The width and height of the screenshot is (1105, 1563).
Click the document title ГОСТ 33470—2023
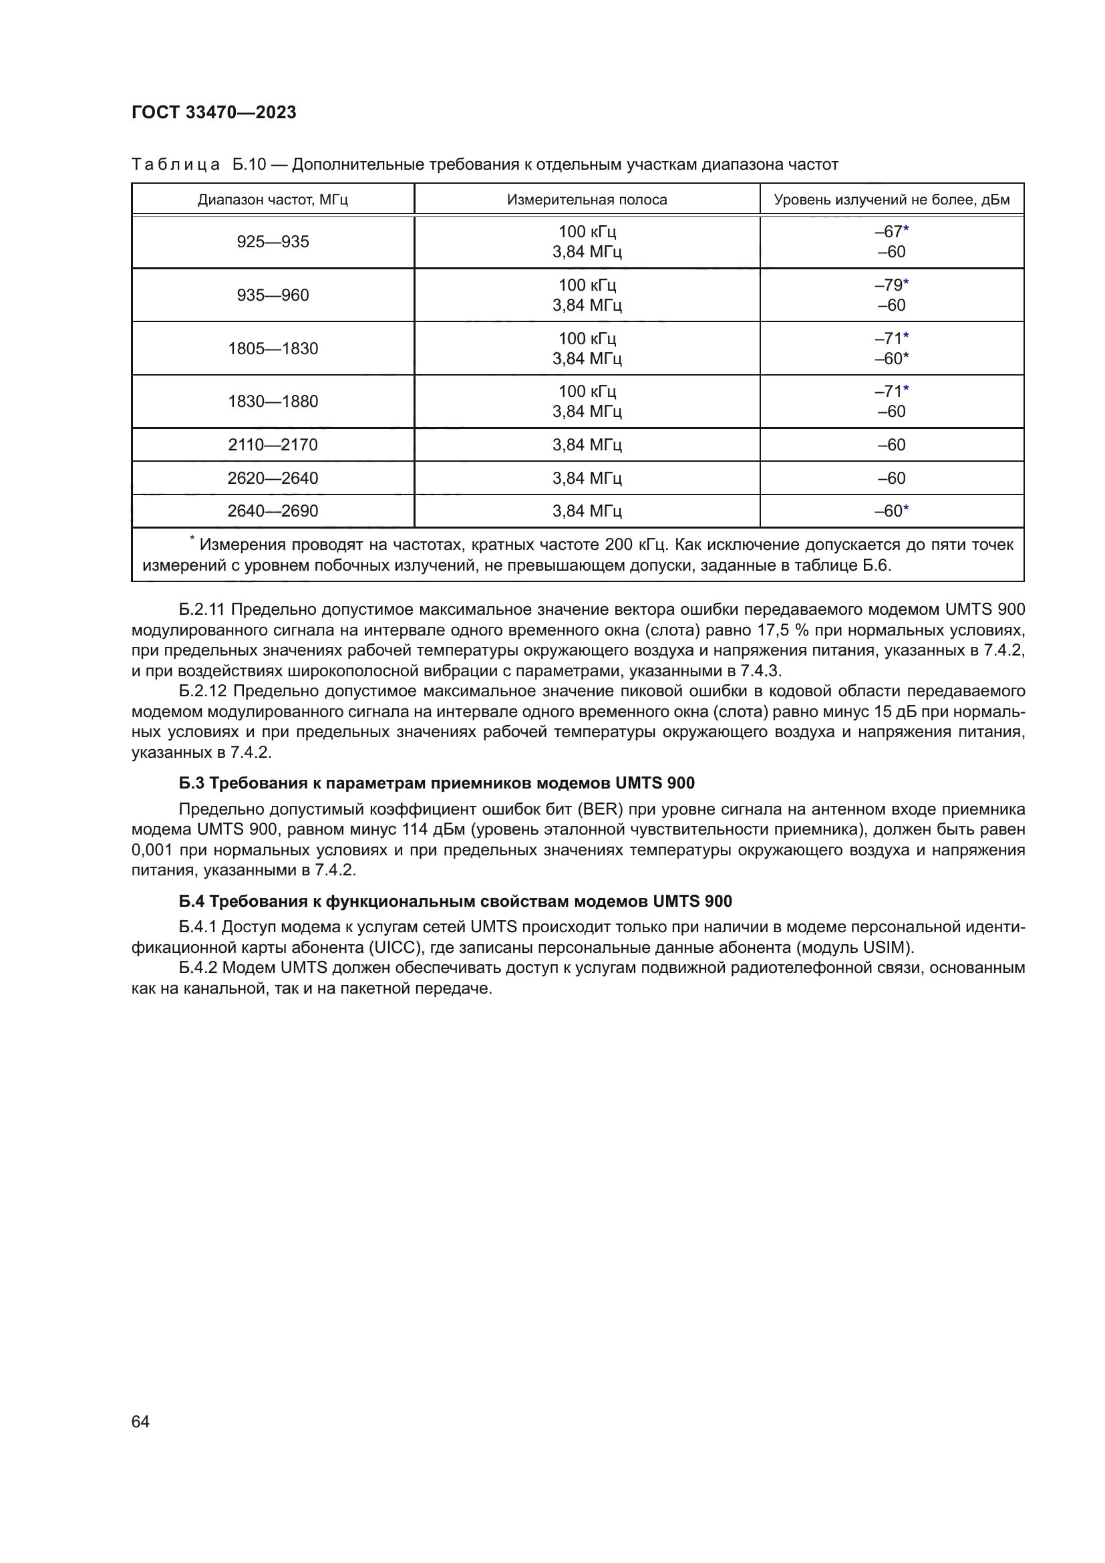[x=214, y=113]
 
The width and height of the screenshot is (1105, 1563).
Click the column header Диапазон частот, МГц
[x=272, y=199]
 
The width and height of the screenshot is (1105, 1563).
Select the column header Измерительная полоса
[x=587, y=199]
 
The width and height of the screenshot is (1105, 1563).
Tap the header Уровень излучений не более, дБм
[x=891, y=199]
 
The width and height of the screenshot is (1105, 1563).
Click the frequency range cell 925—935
[x=272, y=242]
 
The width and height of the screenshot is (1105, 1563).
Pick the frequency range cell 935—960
[x=272, y=295]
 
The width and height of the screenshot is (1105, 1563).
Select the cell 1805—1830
[x=272, y=349]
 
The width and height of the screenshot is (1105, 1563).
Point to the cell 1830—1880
[x=272, y=401]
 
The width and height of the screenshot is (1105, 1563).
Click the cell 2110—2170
[x=272, y=444]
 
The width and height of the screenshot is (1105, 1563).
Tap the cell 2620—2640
[x=272, y=478]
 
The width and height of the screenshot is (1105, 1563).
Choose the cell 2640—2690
[x=272, y=511]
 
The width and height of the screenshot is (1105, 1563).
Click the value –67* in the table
[x=891, y=231]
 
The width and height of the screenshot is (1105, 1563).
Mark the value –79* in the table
[x=891, y=285]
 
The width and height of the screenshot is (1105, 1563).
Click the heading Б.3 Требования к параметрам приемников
[x=436, y=783]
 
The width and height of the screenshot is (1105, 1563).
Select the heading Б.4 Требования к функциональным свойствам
[x=455, y=901]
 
